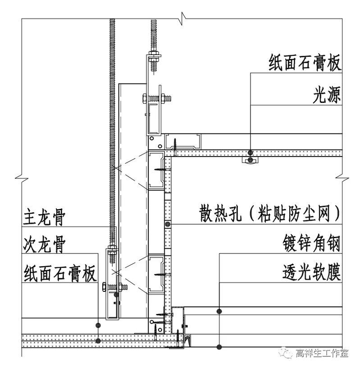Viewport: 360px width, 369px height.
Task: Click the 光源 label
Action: [x=327, y=94]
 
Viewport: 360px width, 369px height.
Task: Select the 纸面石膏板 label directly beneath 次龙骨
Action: [x=59, y=273]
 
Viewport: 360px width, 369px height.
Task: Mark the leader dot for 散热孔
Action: [x=168, y=224]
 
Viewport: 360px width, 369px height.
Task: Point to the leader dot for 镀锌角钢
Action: [x=219, y=311]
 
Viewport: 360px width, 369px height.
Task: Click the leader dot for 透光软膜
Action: [x=219, y=347]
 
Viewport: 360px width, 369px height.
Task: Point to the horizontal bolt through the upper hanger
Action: [x=156, y=97]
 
